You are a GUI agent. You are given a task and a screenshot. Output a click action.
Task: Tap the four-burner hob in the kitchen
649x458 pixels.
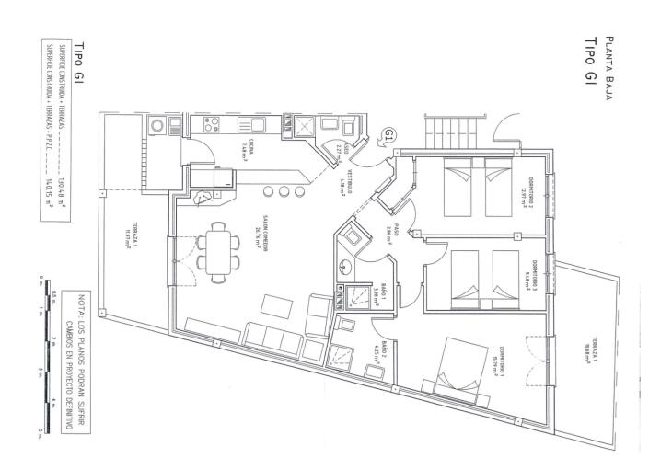click(209, 126)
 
